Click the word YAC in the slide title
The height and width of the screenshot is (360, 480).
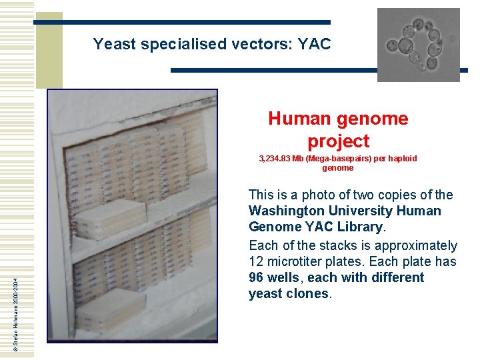tap(314, 45)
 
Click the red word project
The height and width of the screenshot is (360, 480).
tap(338, 141)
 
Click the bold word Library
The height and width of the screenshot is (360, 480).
tap(357, 227)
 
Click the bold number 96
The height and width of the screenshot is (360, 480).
tap(257, 277)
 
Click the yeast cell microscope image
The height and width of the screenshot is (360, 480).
tap(418, 45)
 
